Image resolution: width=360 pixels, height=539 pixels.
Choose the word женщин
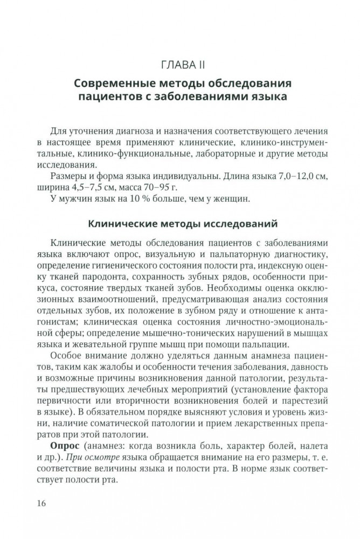[231, 199]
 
